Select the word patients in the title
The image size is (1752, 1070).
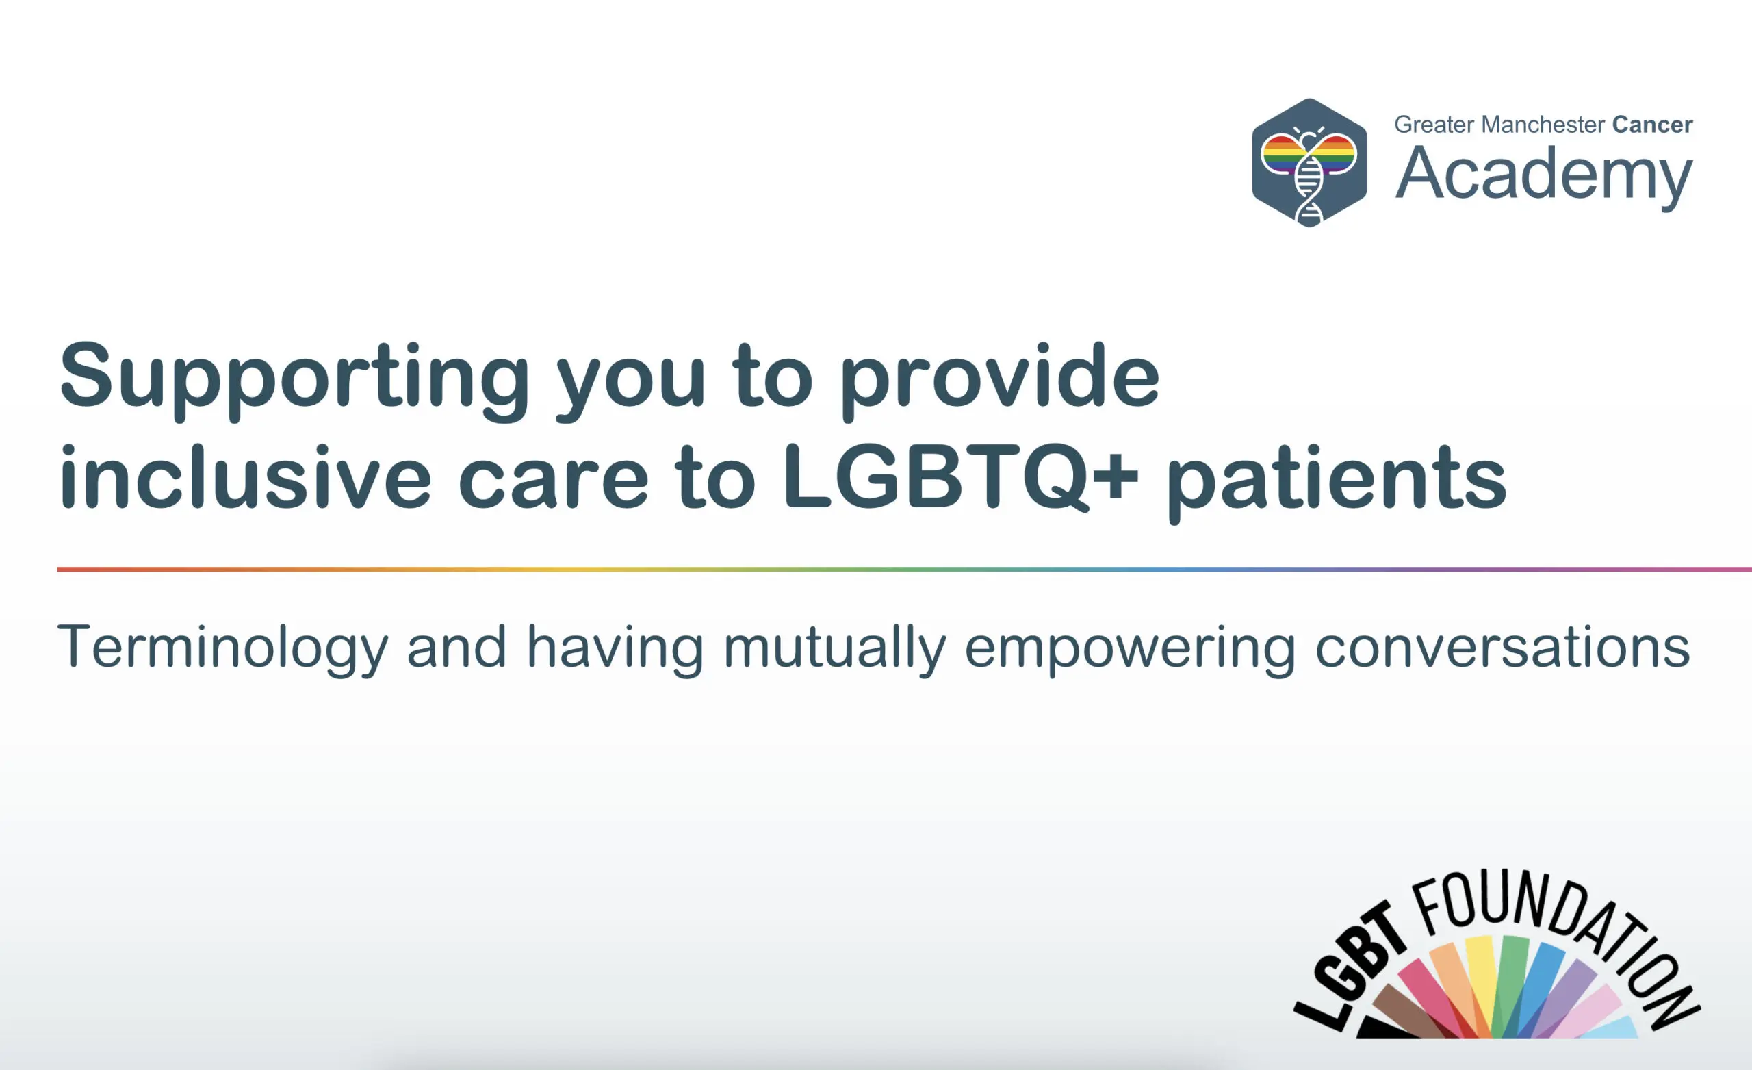[1336, 480]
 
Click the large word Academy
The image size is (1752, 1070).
[1543, 175]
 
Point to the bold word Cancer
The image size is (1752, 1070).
[1652, 125]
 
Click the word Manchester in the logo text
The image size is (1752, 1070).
[1543, 125]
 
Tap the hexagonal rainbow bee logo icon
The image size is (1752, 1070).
[1309, 162]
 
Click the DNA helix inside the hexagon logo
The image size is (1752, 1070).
[1309, 188]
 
